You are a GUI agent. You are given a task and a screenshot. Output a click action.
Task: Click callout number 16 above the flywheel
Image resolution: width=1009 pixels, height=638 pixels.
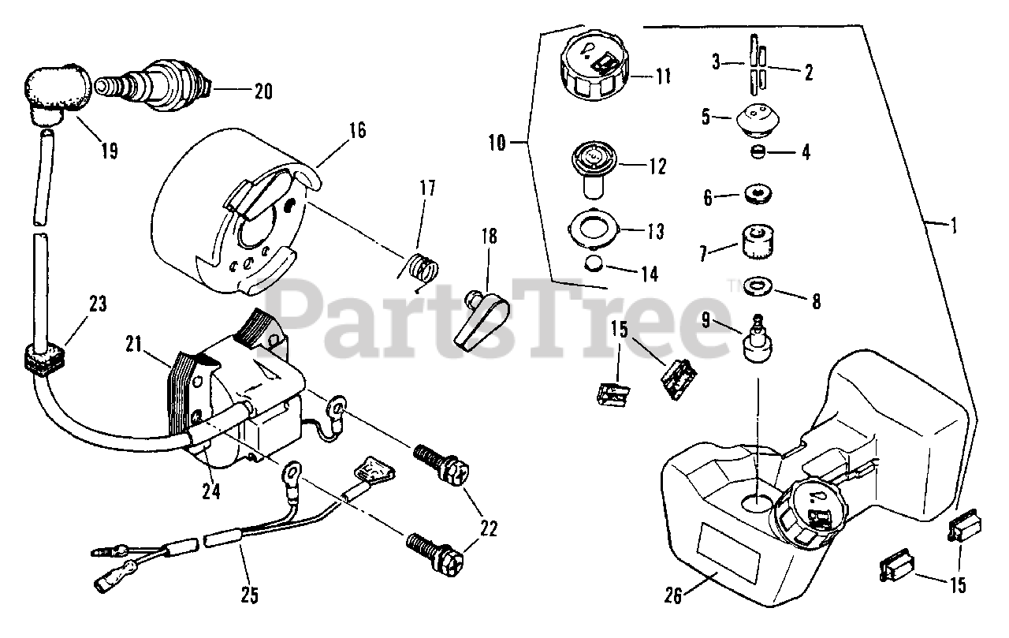358,130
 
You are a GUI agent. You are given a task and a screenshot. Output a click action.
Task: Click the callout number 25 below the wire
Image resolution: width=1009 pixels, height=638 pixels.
250,596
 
